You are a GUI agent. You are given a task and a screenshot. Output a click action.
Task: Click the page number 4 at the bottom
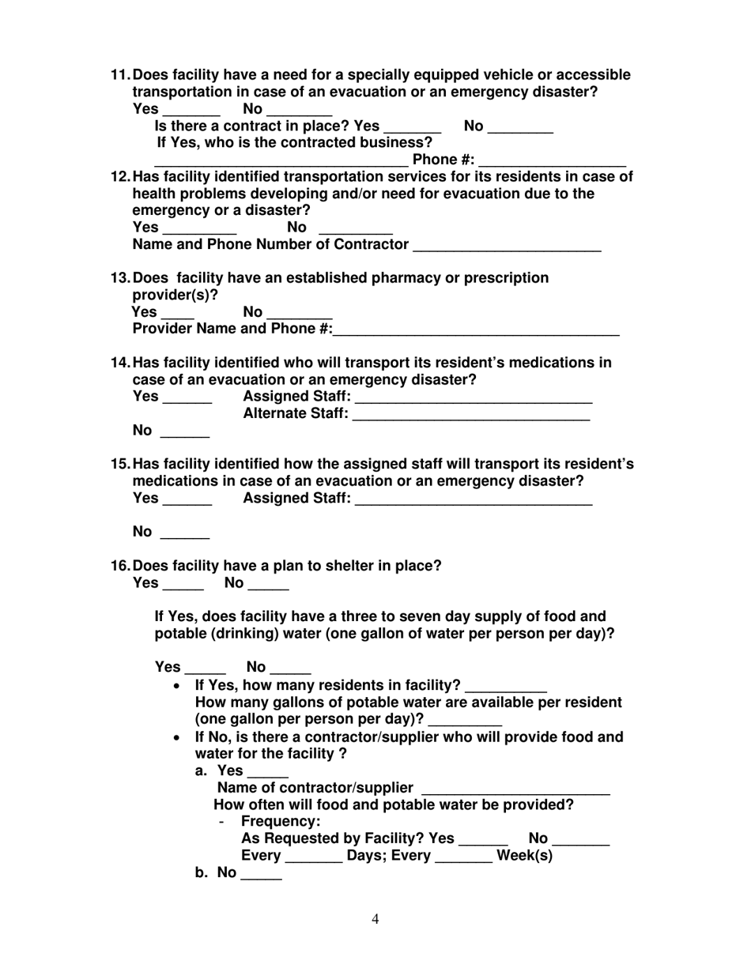375,919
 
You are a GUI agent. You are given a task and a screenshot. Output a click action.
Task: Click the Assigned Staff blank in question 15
474,503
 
